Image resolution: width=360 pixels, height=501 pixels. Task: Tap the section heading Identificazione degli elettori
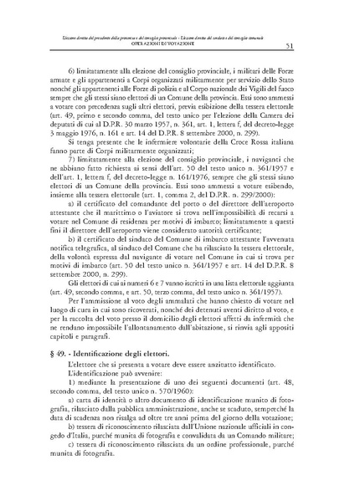tap(109, 354)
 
